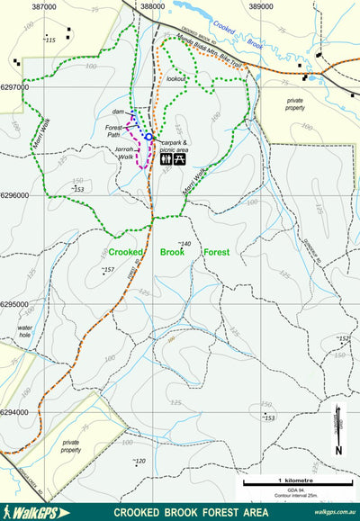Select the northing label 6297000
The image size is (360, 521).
[x=14, y=87]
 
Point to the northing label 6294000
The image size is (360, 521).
[x=14, y=413]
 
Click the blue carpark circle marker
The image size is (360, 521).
[x=148, y=136]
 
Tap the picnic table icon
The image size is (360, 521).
[x=180, y=157]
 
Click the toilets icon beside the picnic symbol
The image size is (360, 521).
[x=166, y=157]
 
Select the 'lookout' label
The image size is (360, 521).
[x=176, y=79]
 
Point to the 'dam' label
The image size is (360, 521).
[x=117, y=112]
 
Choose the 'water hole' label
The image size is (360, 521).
[x=26, y=332]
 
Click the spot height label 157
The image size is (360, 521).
[x=108, y=270]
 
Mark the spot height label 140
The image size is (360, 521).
[x=185, y=244]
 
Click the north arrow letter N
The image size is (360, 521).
[x=338, y=451]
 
